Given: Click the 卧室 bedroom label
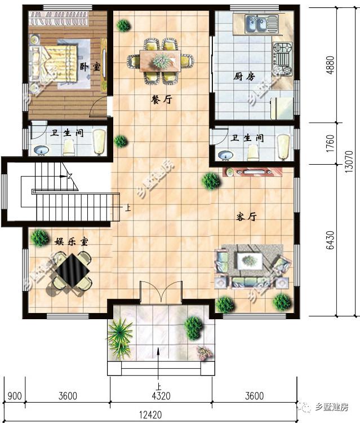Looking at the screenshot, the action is point(90,67).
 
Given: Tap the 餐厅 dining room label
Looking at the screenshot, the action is point(161,99).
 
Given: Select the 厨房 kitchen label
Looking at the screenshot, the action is point(244,77).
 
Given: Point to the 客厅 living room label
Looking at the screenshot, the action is point(246,217).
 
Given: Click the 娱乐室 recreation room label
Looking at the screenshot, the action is point(72,241).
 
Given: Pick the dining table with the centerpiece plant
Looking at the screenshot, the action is point(160,61).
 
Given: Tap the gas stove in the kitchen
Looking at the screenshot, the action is point(283,59).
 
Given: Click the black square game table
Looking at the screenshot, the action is point(72,271).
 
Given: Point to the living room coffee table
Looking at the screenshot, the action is point(249,261).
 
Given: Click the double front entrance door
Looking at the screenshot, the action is point(161,292).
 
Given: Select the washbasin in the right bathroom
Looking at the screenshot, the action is point(225,156).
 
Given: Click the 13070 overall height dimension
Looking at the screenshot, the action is point(349,162).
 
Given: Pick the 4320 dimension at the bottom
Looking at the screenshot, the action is point(161,396).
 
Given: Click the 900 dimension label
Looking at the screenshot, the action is point(14,396).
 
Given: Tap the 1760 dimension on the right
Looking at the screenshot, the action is point(330,143).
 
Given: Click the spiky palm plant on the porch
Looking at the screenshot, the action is point(120,337).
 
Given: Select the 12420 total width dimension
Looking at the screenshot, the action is point(150,415).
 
